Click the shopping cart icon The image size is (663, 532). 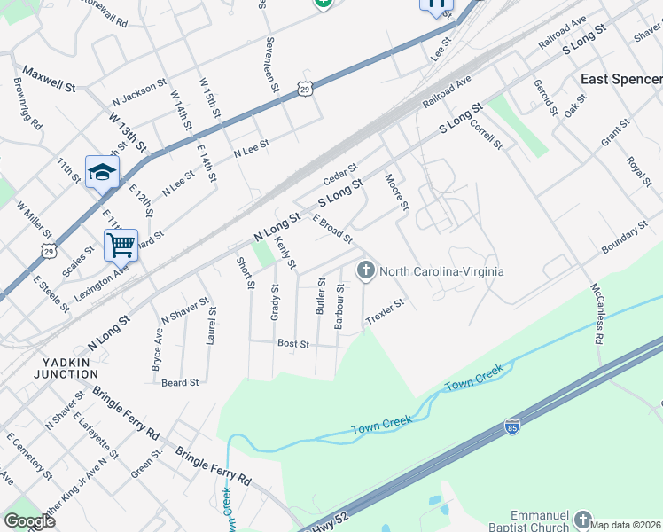point(120,244)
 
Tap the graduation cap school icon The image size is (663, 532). point(102,171)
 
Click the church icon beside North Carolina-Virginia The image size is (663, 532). point(365,270)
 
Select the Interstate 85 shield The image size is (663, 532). point(512,426)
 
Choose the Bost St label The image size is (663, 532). point(292,343)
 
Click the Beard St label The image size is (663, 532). point(180,382)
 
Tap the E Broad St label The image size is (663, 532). point(332,229)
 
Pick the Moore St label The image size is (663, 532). point(396,193)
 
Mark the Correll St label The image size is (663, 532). point(486,134)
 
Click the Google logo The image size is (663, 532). point(29,520)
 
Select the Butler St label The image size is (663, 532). point(321,296)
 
